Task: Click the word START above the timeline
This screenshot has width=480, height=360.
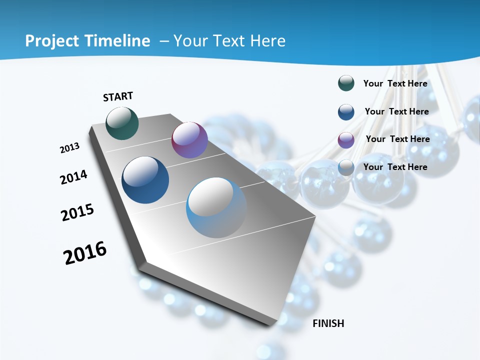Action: pos(118,96)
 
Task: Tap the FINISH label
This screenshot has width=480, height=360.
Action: pos(328,323)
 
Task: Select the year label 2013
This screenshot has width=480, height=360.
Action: pos(69,147)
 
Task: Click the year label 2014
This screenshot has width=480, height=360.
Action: pos(73,177)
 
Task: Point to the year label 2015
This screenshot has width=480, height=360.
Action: pos(77,212)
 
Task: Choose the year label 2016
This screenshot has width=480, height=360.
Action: pos(85,252)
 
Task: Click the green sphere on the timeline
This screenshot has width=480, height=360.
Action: pos(122,123)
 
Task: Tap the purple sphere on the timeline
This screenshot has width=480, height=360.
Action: pos(189,140)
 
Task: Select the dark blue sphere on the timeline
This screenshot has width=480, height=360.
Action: pos(145,180)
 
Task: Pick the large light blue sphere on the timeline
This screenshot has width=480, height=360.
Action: pos(216,207)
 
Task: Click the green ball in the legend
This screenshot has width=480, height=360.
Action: pos(346,83)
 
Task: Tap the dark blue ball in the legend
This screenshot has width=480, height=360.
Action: pos(346,111)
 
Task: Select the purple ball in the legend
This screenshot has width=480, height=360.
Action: pos(346,139)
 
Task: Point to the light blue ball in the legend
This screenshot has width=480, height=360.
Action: pos(346,167)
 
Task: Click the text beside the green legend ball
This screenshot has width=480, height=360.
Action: pos(395,83)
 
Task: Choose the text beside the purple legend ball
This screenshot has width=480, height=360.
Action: pos(397,139)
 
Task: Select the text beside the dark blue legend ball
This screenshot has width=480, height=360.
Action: pos(396,111)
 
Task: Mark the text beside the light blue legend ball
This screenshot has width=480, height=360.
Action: pos(395,167)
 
